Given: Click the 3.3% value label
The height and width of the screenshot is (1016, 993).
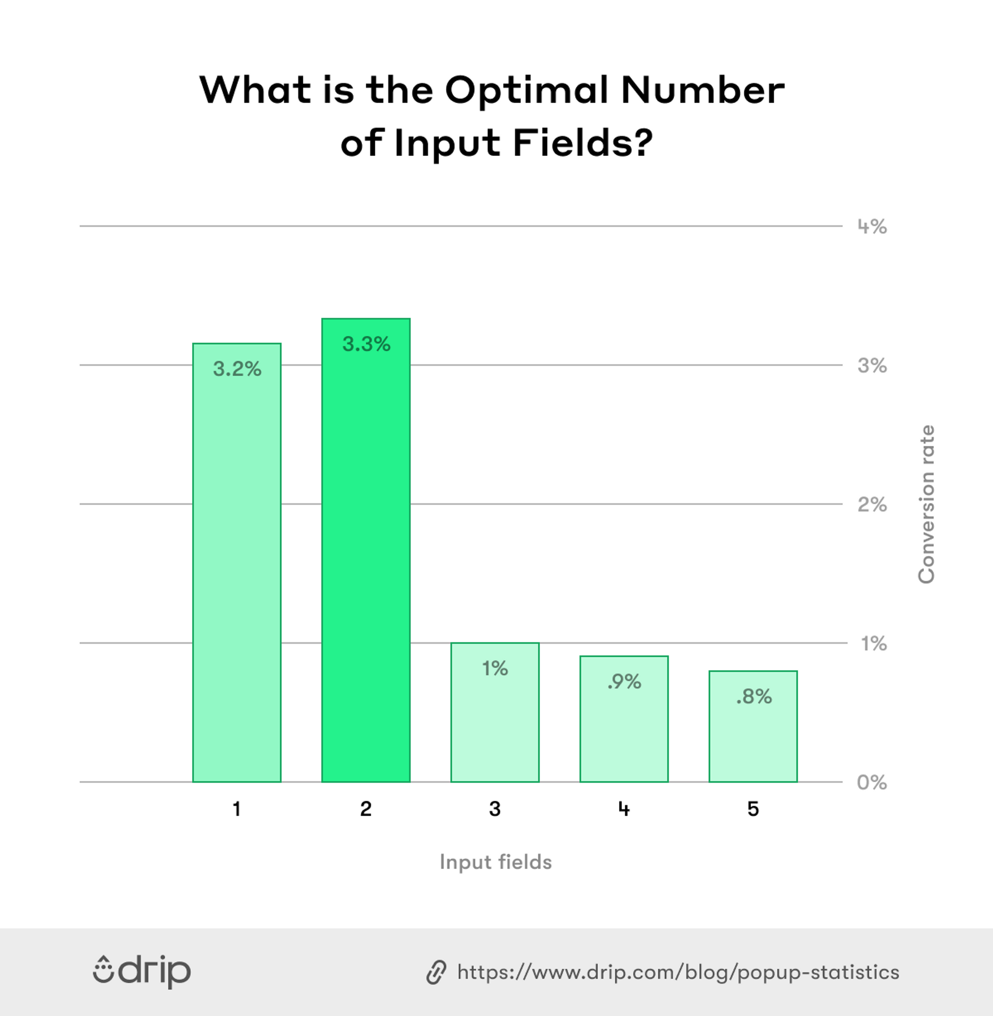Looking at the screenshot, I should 366,344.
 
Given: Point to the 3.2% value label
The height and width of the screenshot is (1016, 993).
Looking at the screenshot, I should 237,369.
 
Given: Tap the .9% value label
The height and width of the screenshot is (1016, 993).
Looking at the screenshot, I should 624,681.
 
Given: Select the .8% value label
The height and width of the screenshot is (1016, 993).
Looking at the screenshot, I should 754,696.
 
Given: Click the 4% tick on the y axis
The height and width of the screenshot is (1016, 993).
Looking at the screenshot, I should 872,227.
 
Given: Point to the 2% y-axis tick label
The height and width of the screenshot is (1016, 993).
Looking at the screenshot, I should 872,505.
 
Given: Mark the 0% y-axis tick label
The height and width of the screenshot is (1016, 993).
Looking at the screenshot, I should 871,782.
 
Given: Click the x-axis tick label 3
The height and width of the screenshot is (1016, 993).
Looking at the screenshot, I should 495,809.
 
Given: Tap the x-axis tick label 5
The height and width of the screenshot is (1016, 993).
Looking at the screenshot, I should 753,809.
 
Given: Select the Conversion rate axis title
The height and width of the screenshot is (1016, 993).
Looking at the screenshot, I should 926,504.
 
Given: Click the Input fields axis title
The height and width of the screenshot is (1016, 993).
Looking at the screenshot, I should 496,862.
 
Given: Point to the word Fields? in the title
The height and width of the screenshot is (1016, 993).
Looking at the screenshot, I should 582,142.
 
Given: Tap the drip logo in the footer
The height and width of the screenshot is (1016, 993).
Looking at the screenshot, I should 142,972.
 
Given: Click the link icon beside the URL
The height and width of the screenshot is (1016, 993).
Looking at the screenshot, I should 436,972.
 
